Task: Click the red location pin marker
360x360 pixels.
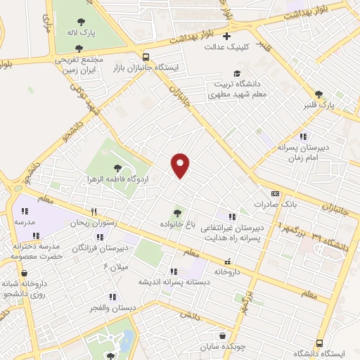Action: tap(180, 165)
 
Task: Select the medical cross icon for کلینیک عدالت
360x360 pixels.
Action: tap(226, 36)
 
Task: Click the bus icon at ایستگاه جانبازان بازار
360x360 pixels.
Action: tap(146, 57)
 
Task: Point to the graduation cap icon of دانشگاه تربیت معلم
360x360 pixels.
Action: tap(237, 73)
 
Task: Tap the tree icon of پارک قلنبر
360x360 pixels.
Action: tap(319, 94)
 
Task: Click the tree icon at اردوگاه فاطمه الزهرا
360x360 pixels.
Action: tap(117, 167)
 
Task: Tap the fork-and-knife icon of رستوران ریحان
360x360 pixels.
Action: tap(94, 212)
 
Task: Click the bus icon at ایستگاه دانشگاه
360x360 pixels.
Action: tap(320, 343)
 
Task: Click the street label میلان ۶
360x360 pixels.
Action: tap(114, 267)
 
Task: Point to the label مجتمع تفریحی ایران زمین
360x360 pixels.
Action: tap(79, 64)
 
